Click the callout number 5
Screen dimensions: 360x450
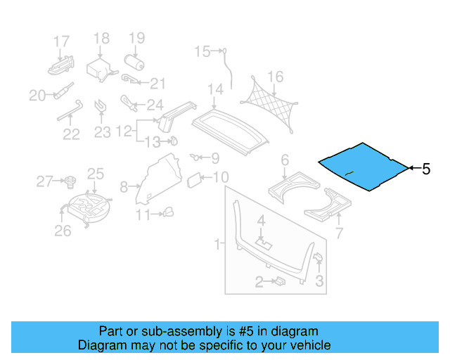[425, 169]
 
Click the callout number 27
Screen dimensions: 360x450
[44, 182]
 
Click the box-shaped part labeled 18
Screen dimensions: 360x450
[98, 69]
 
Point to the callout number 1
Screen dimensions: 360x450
[217, 244]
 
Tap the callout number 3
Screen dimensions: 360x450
[319, 283]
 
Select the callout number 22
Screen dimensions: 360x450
[71, 134]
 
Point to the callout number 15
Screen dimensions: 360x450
[202, 51]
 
